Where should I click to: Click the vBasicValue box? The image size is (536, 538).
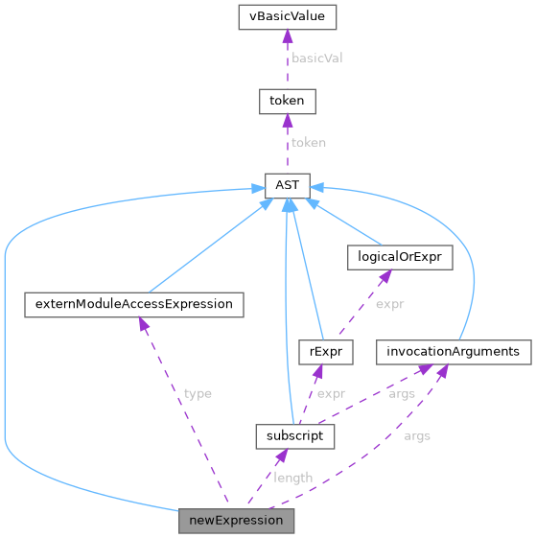tap(287, 16)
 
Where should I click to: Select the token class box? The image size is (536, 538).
tap(287, 100)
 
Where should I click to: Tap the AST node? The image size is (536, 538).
tap(287, 184)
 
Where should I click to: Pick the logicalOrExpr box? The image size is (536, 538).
tap(398, 257)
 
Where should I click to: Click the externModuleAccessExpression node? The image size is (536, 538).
tap(133, 305)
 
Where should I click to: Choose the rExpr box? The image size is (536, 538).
tap(325, 352)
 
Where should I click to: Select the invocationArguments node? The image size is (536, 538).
tap(453, 352)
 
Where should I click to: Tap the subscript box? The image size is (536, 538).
tap(294, 437)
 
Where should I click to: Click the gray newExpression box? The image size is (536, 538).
tap(236, 521)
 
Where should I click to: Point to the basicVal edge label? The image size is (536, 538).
tap(316, 58)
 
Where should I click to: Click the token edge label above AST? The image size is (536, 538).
tap(308, 142)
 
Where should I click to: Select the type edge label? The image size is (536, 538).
tap(198, 393)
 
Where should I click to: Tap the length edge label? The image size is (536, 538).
tap(292, 478)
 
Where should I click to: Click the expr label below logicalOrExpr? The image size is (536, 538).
tap(389, 304)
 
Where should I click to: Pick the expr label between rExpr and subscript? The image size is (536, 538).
tap(331, 394)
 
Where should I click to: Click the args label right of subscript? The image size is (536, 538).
tap(401, 394)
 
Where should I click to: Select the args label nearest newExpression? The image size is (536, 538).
tap(416, 436)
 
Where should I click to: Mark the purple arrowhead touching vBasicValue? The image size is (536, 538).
tap(287, 35)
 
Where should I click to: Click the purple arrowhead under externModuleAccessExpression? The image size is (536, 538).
tap(143, 324)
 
